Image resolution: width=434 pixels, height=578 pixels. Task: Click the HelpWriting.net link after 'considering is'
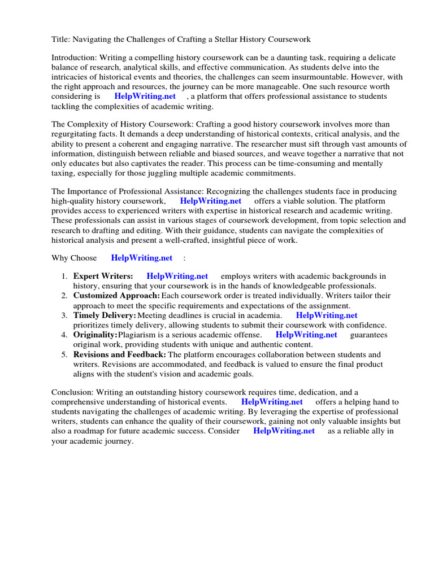145,97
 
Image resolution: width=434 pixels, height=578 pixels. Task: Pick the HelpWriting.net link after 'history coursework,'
210,201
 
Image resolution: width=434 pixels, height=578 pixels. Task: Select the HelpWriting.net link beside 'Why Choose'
141,258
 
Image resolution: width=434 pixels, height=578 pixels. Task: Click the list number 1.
64,277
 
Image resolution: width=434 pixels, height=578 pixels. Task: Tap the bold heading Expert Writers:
103,277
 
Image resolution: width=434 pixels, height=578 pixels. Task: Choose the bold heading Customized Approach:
116,296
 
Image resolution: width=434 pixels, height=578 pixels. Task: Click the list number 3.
64,316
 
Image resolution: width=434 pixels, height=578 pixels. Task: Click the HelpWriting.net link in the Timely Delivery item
327,316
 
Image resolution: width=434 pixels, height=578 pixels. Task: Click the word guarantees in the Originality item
369,335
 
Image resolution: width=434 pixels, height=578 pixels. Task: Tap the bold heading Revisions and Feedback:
119,354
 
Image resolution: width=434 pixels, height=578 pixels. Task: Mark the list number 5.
64,354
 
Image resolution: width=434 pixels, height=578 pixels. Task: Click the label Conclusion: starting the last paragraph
72,392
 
